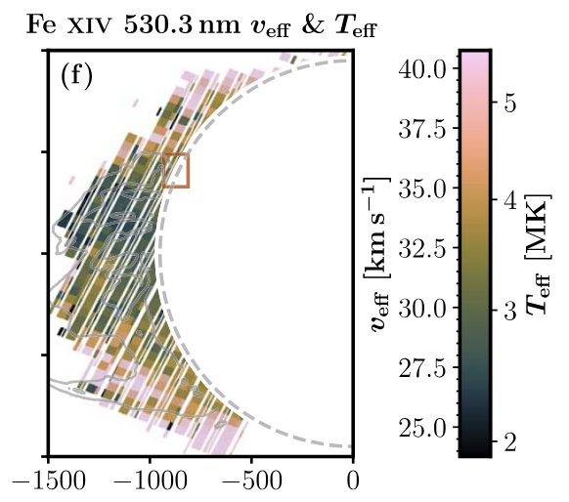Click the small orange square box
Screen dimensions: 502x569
(176, 170)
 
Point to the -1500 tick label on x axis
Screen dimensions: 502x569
(48, 481)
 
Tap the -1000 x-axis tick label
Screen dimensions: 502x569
(150, 481)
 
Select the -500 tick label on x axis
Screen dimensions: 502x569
(251, 481)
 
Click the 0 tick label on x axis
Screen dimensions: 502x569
(353, 481)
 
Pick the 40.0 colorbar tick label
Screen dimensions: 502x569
(423, 68)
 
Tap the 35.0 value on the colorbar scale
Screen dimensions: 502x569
(423, 188)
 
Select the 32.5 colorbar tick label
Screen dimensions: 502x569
(423, 248)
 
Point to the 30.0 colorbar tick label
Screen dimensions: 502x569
(423, 308)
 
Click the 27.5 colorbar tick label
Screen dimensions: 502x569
(423, 368)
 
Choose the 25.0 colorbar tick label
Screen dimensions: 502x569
(423, 428)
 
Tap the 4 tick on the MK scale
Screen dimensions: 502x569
(510, 198)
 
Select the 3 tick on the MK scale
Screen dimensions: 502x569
(510, 309)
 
